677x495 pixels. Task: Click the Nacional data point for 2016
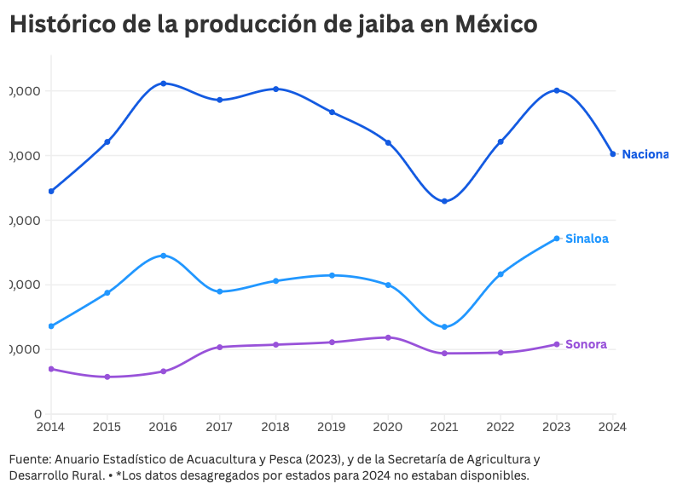point(164,83)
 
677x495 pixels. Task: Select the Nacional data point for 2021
point(444,201)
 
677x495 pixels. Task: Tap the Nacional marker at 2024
point(613,154)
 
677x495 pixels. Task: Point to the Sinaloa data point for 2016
point(164,256)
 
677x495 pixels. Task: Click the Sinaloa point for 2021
point(444,327)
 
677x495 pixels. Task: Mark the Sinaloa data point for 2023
point(557,239)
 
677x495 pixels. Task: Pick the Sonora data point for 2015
point(107,377)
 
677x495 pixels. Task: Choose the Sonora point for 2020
point(388,337)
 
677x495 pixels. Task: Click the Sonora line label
point(586,344)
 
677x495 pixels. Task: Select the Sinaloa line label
point(587,239)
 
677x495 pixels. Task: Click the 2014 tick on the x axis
point(51,424)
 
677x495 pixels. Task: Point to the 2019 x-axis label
point(332,424)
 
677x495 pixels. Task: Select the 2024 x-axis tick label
point(613,424)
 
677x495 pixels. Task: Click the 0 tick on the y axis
point(39,414)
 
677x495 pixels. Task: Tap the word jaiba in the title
point(380,25)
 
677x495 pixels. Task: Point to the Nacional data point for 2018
point(276,89)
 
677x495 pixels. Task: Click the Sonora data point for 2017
point(220,347)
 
